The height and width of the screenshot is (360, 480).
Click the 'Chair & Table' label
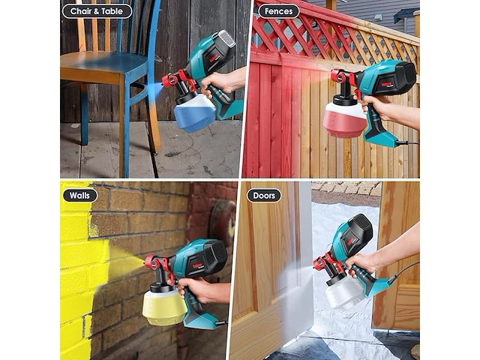click(97, 11)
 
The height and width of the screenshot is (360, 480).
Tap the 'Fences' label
click(278, 11)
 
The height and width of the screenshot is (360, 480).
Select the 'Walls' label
click(79, 195)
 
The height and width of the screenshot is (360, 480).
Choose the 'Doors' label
click(264, 195)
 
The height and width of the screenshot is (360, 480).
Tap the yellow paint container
click(164, 307)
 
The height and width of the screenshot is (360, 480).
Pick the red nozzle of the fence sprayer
click(337, 75)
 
